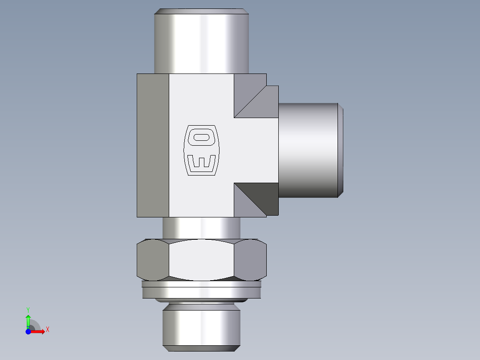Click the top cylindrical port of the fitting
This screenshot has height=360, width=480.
click(201, 42)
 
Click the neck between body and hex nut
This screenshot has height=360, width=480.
click(201, 228)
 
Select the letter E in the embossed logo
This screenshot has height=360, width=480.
click(201, 162)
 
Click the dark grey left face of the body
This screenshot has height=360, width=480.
click(153, 145)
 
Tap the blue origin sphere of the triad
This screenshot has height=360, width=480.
click(28, 331)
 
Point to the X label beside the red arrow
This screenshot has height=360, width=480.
click(47, 330)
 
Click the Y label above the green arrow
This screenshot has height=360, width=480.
click(28, 309)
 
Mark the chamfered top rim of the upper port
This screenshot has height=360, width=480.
click(201, 11)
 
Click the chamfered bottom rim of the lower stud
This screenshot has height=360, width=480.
click(201, 349)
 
